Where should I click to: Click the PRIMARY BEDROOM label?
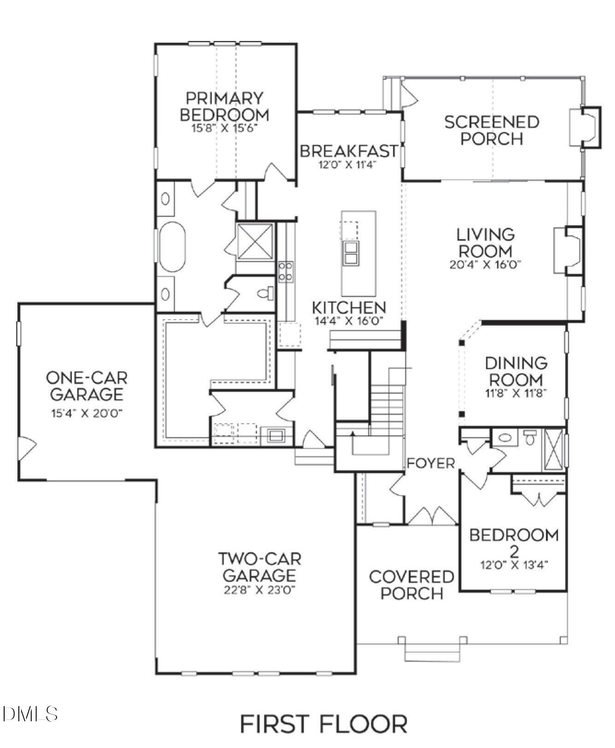click(x=224, y=106)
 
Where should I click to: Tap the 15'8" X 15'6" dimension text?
click(x=224, y=128)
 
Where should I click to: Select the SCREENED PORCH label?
click(x=492, y=130)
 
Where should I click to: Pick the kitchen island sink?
click(x=351, y=253)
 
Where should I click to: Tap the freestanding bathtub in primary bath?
click(x=172, y=247)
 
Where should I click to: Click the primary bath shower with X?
click(x=255, y=242)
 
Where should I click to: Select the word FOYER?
click(x=431, y=463)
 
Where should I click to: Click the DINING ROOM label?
click(x=516, y=372)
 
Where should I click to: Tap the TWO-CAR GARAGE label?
click(x=259, y=567)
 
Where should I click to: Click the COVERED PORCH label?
click(x=411, y=585)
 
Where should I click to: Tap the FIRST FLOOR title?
click(x=323, y=724)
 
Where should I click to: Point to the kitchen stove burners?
click(x=285, y=271)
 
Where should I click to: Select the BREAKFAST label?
click(x=349, y=151)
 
